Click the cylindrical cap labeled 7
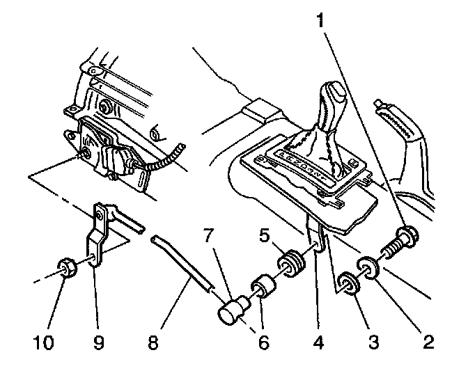233,310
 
